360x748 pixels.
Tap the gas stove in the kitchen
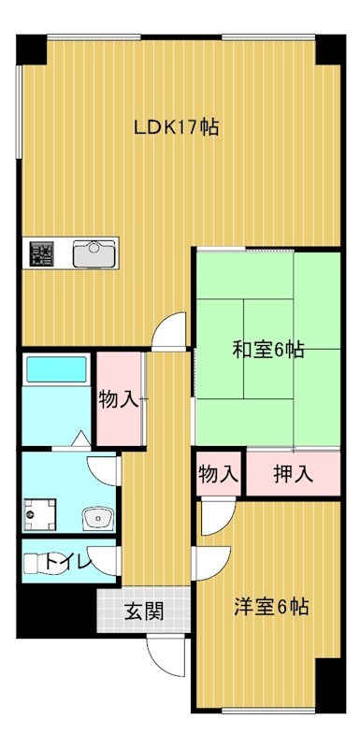pos(41,254)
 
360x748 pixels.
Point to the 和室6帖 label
pos(267,350)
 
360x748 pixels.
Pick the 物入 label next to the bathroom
pos(120,400)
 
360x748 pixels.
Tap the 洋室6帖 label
pos(270,607)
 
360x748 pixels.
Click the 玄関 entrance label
pos(145,612)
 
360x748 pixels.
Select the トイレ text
pos(68,563)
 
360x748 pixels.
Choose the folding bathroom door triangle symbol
pos(80,437)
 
